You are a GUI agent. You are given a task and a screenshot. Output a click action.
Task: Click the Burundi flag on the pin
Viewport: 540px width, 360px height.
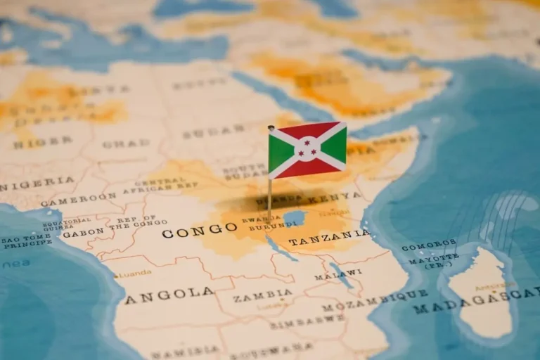pyautogui.click(x=307, y=149)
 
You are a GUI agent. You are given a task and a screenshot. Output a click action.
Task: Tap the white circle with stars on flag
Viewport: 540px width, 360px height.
pyautogui.click(x=307, y=148)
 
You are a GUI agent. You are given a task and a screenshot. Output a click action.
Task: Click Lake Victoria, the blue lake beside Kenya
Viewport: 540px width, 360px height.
pyautogui.click(x=294, y=218)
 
